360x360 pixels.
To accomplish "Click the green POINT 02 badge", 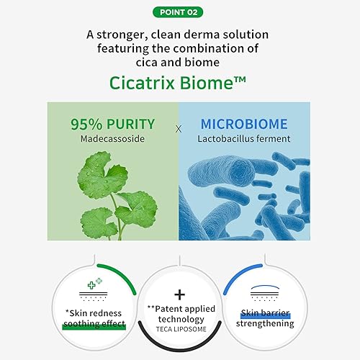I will (x=179, y=12).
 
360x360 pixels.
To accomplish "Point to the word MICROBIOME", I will (x=244, y=122).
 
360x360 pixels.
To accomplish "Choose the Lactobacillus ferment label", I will (x=244, y=138).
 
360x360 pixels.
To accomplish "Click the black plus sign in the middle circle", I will (x=179, y=294).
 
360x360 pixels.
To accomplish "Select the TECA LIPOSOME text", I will (x=179, y=332).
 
